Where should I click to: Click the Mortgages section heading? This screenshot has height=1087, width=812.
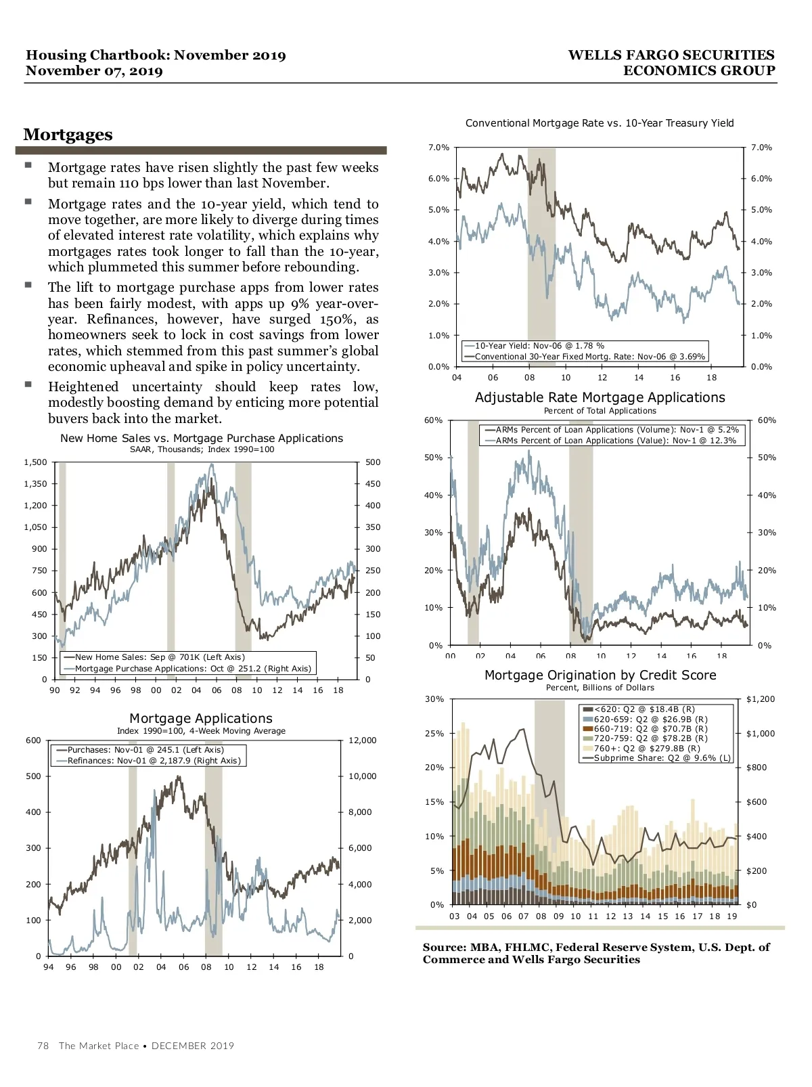tap(68, 135)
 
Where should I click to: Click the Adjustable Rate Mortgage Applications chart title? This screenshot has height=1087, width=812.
tap(600, 398)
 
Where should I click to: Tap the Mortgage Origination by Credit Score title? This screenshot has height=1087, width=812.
tap(600, 675)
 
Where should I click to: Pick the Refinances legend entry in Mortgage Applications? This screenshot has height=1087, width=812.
tap(154, 761)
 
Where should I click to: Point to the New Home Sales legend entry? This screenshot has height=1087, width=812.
tap(160, 657)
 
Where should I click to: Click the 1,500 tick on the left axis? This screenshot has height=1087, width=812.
tap(35, 462)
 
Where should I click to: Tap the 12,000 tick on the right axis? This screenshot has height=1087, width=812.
tap(362, 740)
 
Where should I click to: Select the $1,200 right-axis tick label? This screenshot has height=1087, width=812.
tap(761, 699)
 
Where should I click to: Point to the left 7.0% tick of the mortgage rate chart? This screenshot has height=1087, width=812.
tap(438, 148)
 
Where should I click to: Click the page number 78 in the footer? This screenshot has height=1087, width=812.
tap(43, 1046)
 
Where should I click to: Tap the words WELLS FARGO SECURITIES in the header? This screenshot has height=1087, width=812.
tap(671, 56)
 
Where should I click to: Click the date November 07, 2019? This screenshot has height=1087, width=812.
tap(94, 71)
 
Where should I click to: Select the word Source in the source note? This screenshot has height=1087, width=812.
tap(444, 948)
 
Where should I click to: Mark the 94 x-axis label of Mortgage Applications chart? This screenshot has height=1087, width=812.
tap(49, 967)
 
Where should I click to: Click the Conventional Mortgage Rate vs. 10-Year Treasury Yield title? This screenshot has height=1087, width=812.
tap(600, 123)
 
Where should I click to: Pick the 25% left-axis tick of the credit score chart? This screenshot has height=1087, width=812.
tap(434, 734)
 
